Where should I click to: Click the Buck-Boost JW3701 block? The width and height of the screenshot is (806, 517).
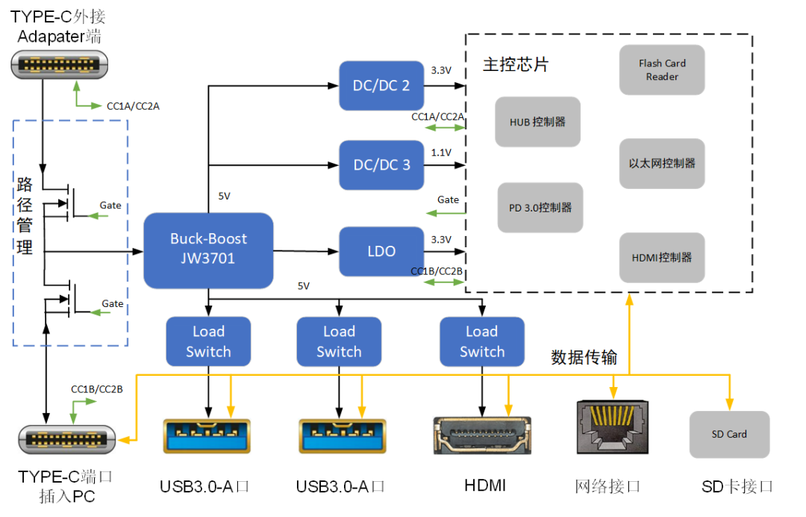pos(208,250)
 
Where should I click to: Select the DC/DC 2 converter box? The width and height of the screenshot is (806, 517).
pos(381,85)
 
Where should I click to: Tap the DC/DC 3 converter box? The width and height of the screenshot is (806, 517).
pos(381,164)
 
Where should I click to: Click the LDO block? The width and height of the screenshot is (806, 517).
pos(381,251)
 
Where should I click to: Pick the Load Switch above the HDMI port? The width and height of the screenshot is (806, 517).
pos(481,341)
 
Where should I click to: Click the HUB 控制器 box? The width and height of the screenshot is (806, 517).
pos(537,122)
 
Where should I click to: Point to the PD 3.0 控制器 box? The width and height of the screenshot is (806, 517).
pos(540,208)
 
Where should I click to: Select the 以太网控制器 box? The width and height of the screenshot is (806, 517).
pos(662,163)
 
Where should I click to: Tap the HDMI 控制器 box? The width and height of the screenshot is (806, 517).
pos(662,257)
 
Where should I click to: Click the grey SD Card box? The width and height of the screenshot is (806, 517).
pos(729,434)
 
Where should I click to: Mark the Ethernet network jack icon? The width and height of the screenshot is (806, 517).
pos(610,427)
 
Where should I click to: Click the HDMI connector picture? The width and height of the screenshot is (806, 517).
pos(482,435)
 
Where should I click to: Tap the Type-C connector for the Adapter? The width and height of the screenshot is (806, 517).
pos(60,64)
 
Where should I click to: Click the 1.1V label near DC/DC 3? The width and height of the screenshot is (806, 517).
pos(441,152)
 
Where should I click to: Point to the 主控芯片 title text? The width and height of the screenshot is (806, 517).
pos(515,64)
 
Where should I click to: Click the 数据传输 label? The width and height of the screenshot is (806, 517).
pos(584,357)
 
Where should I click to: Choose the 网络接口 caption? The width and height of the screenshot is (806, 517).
pos(608,486)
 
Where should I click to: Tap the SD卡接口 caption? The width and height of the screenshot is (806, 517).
pos(737,486)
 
